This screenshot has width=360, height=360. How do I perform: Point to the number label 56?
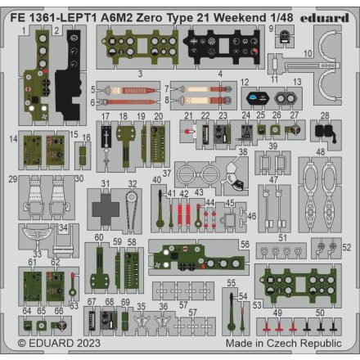pyautogui.click(x=245, y=245)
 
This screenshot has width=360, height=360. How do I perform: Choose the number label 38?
pyautogui.click(x=242, y=152)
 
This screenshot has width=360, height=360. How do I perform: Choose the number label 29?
pyautogui.click(x=12, y=178)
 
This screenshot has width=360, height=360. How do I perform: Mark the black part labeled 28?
pyautogui.click(x=325, y=130)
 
